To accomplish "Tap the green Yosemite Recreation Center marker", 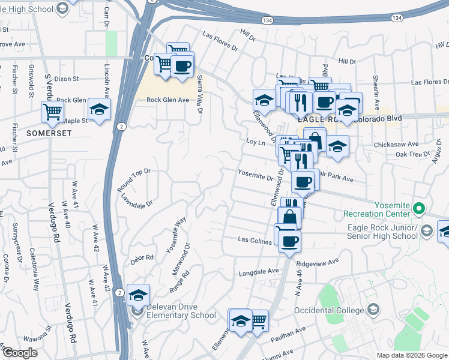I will tap(419, 209).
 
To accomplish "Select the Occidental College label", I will tap(330, 310).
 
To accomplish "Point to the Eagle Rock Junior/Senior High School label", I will tap(383, 232).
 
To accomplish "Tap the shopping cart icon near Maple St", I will tap(52, 110).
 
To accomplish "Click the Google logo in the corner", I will tap(20, 353).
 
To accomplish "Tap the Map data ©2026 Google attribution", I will tap(411, 355).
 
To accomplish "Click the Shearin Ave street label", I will tap(378, 96).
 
